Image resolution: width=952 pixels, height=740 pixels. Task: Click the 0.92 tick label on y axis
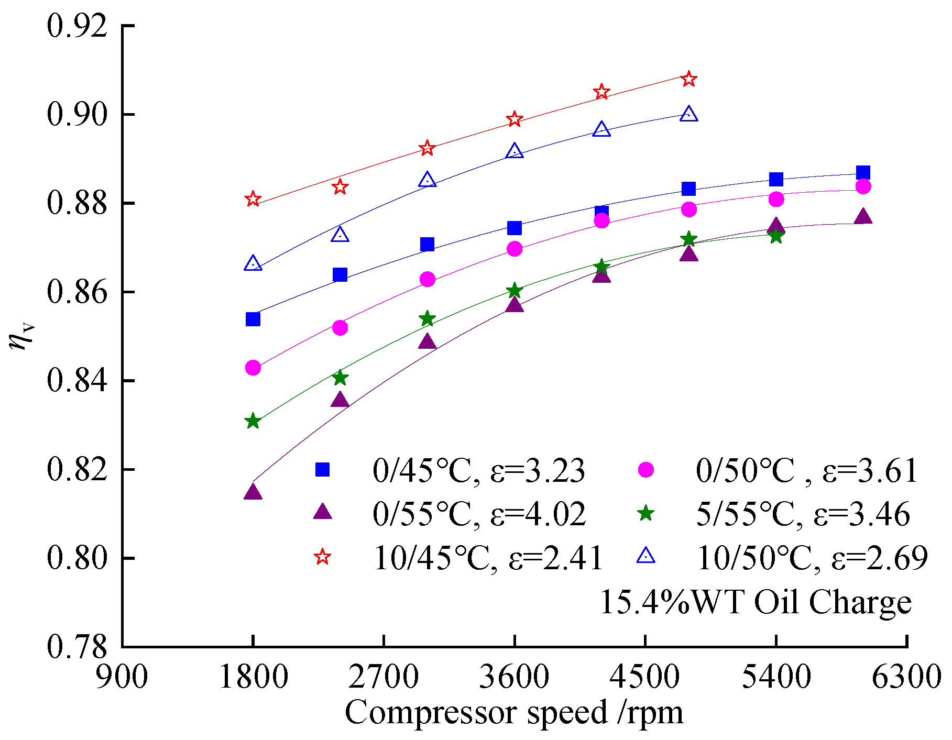(76, 26)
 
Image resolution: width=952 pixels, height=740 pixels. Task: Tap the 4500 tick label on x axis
(645, 677)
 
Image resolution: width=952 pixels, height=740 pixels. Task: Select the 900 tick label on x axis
(122, 677)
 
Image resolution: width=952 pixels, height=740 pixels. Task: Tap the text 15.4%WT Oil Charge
(755, 602)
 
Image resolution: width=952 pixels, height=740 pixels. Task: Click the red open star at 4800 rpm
(689, 79)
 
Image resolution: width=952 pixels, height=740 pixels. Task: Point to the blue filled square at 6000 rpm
(863, 173)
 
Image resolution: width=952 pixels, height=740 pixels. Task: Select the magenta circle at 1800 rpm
(253, 368)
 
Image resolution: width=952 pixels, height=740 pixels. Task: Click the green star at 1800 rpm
(253, 421)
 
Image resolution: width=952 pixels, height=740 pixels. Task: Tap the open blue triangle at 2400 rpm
(340, 235)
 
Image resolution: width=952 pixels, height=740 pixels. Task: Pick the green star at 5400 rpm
(776, 236)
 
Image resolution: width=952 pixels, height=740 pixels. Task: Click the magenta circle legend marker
(645, 470)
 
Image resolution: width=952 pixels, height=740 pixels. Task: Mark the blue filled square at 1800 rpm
(253, 319)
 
